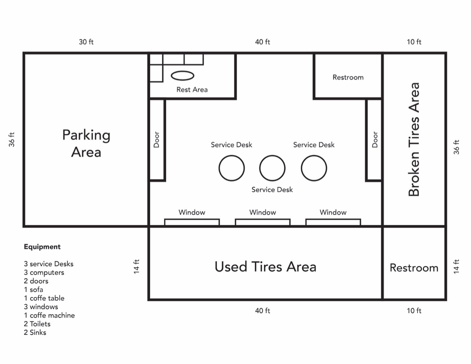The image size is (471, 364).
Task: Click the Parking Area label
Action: (86, 143)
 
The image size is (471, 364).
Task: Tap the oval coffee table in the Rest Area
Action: (183, 76)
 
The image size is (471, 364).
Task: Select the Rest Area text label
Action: (192, 90)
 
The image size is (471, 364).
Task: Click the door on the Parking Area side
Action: (157, 140)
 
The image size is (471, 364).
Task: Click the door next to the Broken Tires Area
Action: (374, 140)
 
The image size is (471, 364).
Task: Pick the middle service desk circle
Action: (272, 168)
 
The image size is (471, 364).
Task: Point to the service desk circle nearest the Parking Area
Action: (232, 168)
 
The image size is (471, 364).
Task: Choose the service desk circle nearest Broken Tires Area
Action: (314, 168)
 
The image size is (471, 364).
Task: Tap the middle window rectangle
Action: (263, 222)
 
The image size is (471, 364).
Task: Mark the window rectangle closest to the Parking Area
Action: (192, 222)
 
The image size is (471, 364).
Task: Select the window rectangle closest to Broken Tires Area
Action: (333, 222)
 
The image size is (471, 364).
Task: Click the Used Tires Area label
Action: (266, 267)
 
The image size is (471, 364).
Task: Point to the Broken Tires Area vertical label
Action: (414, 139)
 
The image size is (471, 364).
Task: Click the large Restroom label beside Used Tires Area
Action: (414, 268)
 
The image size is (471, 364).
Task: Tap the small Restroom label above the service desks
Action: (348, 77)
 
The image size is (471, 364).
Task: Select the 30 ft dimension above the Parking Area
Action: (86, 42)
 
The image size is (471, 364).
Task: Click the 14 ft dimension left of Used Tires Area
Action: (136, 267)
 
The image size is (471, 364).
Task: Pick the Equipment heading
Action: (42, 247)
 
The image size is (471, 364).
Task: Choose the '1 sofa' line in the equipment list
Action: (34, 289)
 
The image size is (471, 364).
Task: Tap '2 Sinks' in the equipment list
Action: (35, 332)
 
